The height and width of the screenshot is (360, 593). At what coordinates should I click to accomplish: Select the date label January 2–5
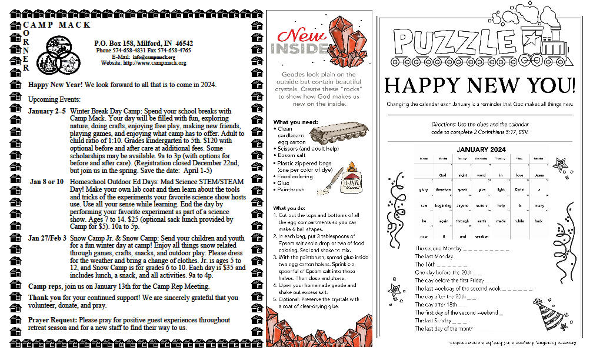tap(46, 111)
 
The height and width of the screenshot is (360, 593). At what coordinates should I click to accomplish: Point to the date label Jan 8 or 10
tap(47, 181)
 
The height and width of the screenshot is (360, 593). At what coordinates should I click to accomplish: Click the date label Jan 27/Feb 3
tap(46, 239)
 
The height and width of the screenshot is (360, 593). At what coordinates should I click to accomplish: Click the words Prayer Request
tap(53, 320)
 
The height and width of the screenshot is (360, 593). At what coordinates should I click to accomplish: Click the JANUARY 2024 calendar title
tap(481, 149)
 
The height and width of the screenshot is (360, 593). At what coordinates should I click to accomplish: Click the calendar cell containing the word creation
tap(481, 236)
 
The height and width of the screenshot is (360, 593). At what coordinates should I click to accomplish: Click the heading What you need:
tap(295, 122)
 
